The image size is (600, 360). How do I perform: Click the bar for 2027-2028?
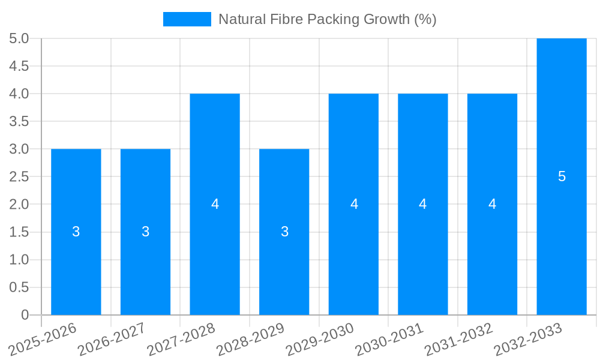point(215,252)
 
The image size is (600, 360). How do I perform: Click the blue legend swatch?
point(187,19)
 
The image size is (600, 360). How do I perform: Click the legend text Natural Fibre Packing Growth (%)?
point(327,19)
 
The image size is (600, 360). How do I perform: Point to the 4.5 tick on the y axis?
point(19,66)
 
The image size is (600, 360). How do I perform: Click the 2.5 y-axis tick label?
point(19,176)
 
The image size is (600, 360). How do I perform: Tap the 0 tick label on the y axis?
point(25,315)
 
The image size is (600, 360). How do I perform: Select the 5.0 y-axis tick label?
point(19,38)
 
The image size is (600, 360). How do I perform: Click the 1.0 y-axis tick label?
point(19,260)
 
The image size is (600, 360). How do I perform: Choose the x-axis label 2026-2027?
point(112,339)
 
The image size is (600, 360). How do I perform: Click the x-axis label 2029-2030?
point(319,339)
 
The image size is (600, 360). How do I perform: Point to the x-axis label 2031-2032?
point(458,339)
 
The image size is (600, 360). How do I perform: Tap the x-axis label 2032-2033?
point(527,339)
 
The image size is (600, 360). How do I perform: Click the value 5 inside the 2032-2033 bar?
point(562,176)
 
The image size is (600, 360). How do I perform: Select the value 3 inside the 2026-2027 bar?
point(145,232)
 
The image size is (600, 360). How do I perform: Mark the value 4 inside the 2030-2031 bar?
point(423,204)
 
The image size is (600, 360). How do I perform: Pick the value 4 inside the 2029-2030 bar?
point(354,204)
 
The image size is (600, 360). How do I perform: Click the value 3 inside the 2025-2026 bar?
point(76,232)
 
